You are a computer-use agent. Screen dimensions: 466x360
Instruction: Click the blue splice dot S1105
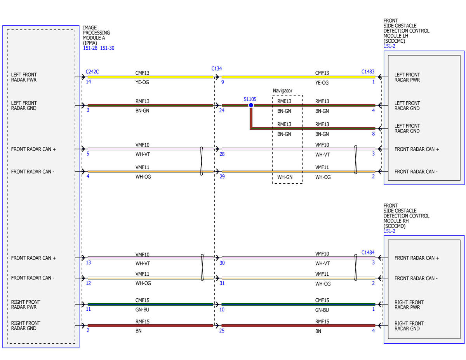[251, 105]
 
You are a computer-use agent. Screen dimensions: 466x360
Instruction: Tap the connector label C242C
[92, 71]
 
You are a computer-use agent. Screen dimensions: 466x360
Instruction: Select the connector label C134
[216, 69]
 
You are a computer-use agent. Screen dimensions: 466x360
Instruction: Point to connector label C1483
[368, 71]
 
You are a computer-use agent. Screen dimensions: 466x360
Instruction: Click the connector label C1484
[368, 252]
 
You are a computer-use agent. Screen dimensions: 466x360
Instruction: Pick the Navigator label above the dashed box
[282, 91]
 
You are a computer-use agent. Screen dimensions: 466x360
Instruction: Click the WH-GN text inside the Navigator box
[285, 177]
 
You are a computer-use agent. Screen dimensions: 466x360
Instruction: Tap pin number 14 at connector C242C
[89, 82]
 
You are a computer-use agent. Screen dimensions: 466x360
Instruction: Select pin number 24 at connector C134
[221, 110]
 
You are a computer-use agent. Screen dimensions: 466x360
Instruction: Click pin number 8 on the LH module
[373, 134]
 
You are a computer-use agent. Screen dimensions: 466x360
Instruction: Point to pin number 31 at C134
[222, 283]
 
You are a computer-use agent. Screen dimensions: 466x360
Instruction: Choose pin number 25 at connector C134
[221, 330]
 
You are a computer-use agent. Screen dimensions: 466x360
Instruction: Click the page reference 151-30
[107, 48]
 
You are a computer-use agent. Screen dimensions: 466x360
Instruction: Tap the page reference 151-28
[90, 48]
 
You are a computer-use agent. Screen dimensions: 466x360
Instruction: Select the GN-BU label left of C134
[142, 310]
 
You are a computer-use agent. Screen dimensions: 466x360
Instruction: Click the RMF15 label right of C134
[322, 322]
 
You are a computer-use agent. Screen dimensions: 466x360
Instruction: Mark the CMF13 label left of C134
[142, 73]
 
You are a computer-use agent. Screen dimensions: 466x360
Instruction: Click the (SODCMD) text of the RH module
[394, 226]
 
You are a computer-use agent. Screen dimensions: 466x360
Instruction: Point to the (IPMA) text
[90, 43]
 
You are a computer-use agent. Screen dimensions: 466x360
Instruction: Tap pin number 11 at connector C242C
[89, 309]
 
